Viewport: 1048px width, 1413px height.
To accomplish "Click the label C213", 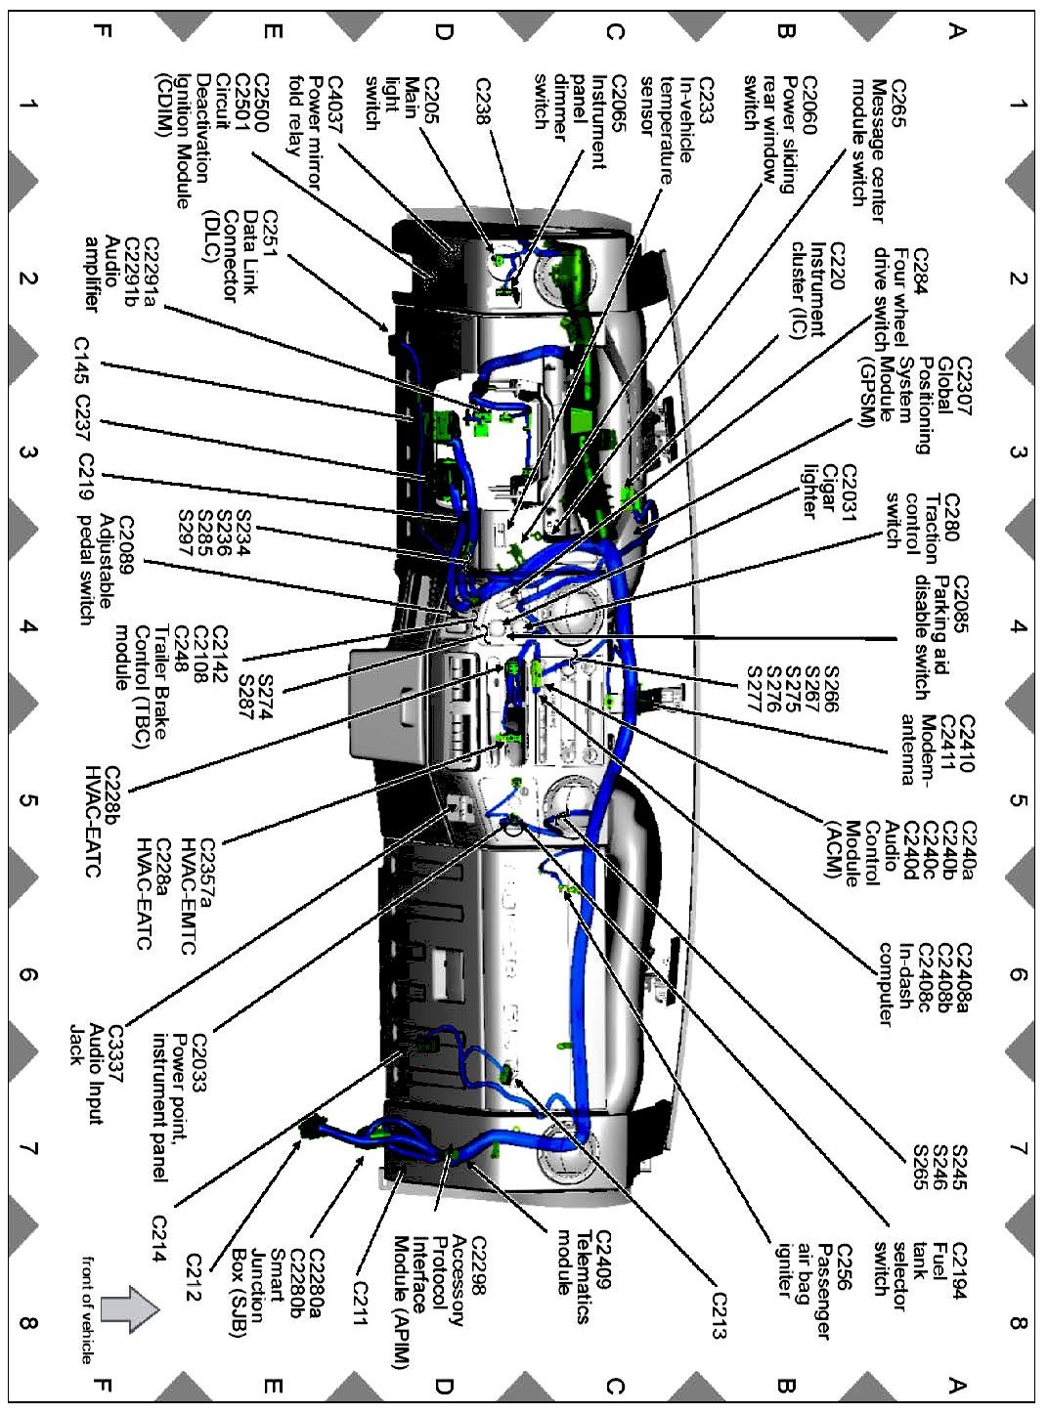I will pyautogui.click(x=720, y=1316).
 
